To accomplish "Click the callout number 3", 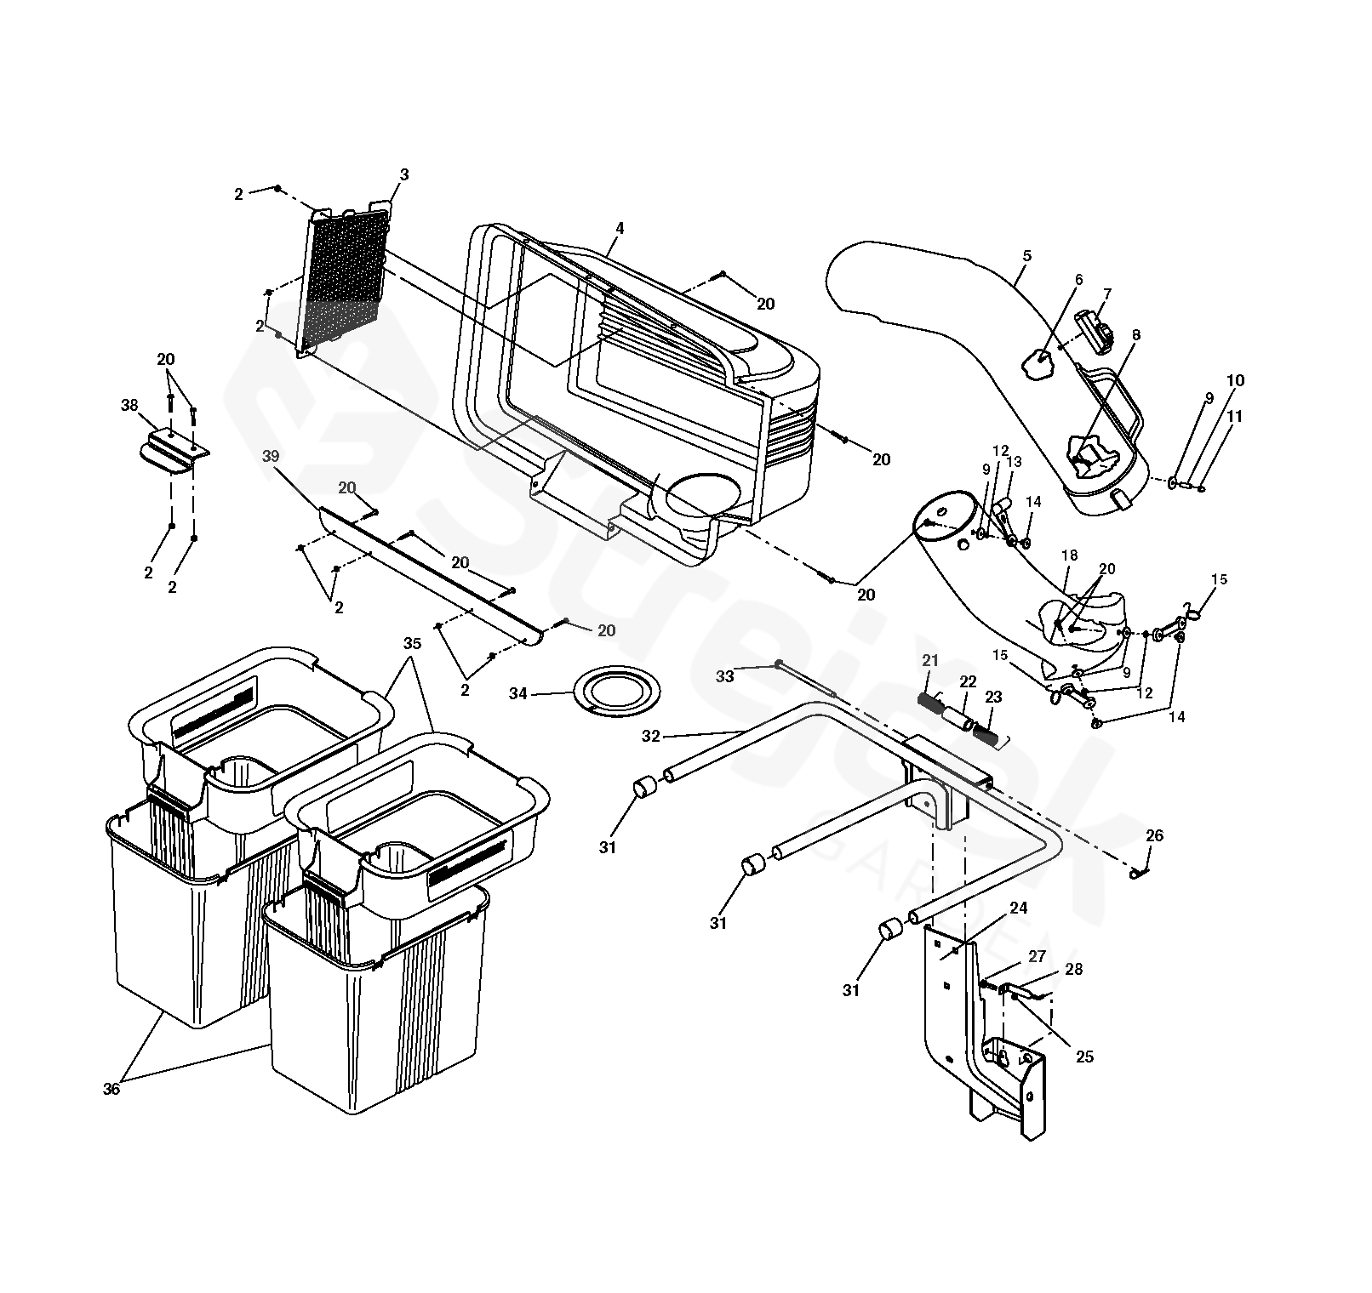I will click(404, 174).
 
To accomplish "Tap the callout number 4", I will click(620, 228).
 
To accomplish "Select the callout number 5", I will click(1026, 255).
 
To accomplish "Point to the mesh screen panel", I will click(342, 281).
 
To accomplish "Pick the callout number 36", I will click(111, 1088).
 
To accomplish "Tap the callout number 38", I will click(129, 406).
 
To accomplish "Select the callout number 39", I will click(271, 457).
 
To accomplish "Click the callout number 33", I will click(724, 676).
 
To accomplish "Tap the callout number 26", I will click(1154, 836).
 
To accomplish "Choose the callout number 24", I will click(1019, 908).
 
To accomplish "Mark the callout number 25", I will click(1083, 1057).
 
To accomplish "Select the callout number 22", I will click(968, 682).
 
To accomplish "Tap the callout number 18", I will click(1069, 555).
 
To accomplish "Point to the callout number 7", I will click(1106, 293).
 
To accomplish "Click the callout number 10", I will click(1235, 380).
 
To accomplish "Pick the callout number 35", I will click(412, 643).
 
